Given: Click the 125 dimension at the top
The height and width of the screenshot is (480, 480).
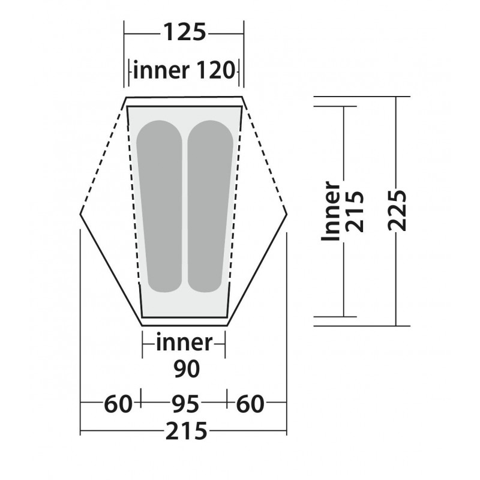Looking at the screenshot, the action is (x=185, y=32).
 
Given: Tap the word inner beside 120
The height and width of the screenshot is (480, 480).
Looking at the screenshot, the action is (x=161, y=70).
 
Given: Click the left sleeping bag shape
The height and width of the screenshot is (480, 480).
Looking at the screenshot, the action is (x=160, y=206).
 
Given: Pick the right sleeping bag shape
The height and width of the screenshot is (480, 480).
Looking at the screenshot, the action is (x=210, y=206).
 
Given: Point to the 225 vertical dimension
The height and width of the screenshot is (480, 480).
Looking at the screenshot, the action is (x=397, y=211).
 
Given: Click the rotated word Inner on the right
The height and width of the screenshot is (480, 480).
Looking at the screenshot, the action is (x=331, y=211).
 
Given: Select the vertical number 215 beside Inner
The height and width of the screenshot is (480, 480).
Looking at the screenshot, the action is (x=355, y=212).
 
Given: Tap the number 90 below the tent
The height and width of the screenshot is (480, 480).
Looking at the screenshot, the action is (x=187, y=368).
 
